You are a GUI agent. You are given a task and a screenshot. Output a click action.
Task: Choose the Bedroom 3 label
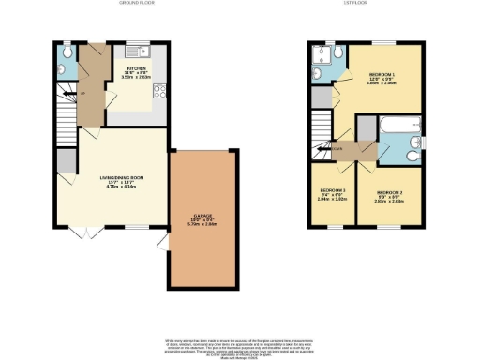tap(333, 195)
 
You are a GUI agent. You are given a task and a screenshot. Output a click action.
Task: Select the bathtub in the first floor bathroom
tap(394, 123)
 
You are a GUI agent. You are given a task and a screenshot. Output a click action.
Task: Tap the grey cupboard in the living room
tap(66, 161)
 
